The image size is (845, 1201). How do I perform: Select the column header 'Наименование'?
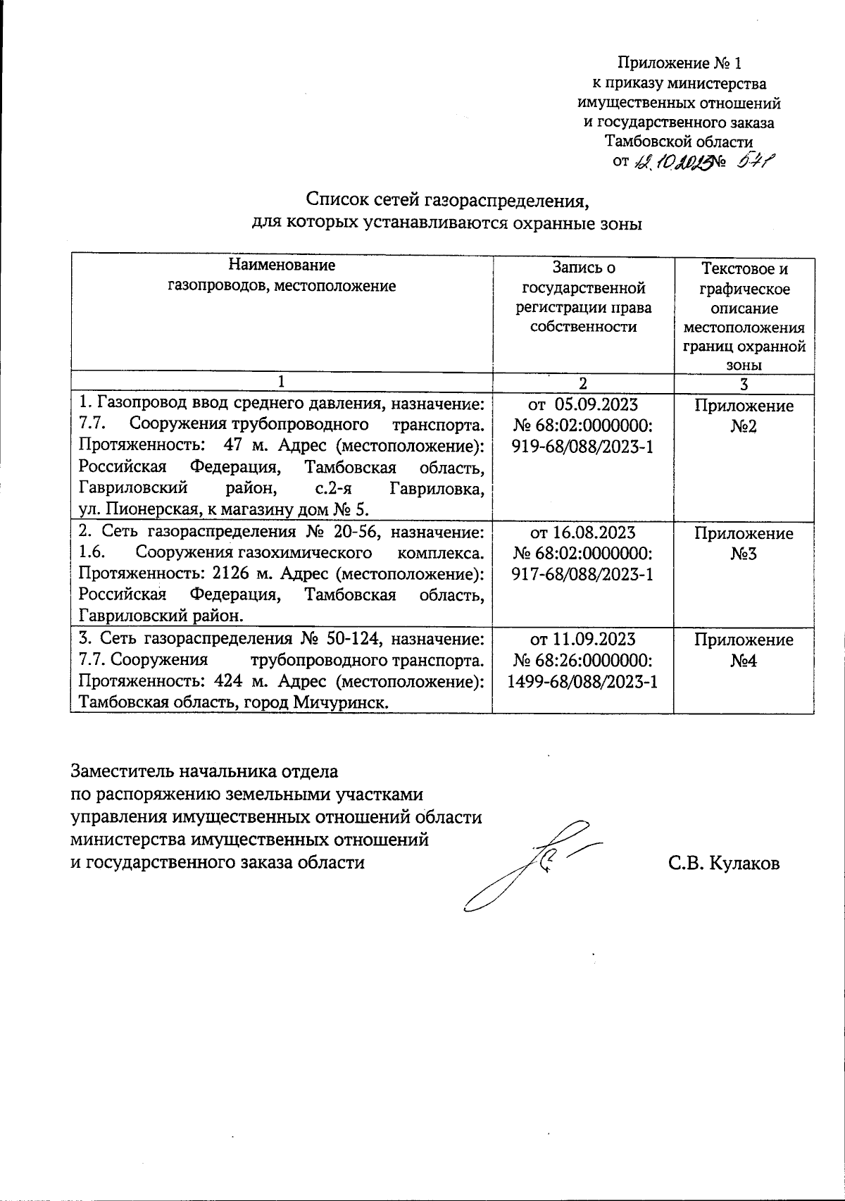282,266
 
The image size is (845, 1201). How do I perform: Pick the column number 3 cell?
744,383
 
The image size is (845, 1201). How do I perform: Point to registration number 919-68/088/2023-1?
582,447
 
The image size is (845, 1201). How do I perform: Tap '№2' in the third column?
744,426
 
